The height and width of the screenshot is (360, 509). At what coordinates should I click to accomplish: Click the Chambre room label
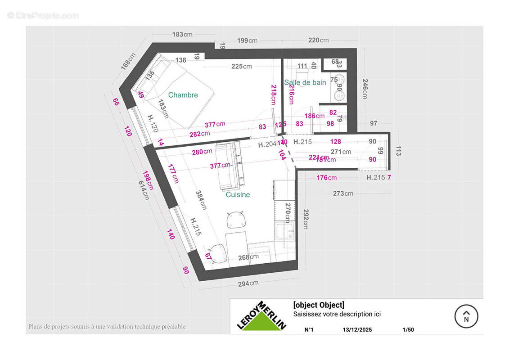click(183, 95)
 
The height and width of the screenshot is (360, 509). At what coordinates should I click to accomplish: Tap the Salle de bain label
click(305, 82)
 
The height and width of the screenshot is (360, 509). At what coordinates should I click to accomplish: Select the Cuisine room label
click(238, 194)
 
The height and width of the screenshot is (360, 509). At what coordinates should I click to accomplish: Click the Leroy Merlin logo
click(261, 316)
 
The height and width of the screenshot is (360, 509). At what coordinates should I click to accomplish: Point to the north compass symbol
click(466, 316)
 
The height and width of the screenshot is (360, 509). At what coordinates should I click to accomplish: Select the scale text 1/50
click(408, 329)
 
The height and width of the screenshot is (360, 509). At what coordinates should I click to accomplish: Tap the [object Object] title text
click(319, 305)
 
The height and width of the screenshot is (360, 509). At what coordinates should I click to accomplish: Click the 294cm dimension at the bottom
click(248, 283)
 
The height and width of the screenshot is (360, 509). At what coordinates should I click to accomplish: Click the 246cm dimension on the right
click(365, 89)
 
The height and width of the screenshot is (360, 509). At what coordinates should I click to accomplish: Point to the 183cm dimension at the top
click(182, 35)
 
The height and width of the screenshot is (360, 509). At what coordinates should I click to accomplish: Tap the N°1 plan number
click(309, 329)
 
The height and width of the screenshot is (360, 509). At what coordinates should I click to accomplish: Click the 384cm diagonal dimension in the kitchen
click(201, 200)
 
